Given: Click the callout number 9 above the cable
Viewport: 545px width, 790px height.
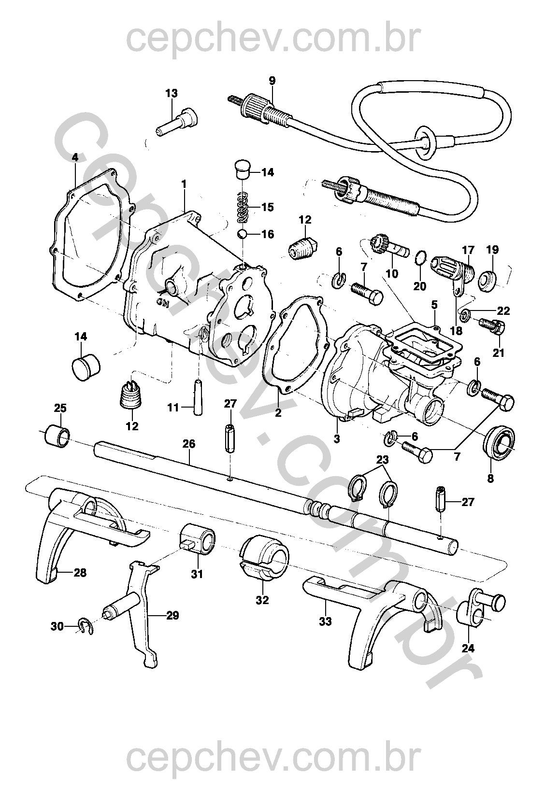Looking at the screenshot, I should [272, 81].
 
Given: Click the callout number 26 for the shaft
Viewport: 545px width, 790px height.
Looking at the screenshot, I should [189, 443].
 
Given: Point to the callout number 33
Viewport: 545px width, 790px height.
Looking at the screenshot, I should [325, 621].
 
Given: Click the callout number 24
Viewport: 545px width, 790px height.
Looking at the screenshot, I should [468, 648].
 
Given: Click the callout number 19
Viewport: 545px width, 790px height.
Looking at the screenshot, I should [492, 250].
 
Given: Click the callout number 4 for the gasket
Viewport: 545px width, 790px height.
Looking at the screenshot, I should [74, 157].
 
